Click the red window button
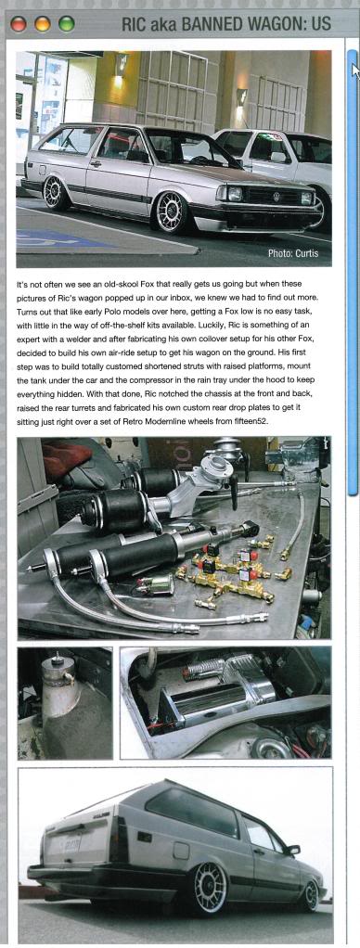19,23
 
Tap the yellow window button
43,23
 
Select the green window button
66,23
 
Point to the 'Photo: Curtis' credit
293,254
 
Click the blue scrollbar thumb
353,272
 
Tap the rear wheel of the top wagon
57,194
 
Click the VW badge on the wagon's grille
276,197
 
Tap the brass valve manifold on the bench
233,572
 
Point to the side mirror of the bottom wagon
293,850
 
